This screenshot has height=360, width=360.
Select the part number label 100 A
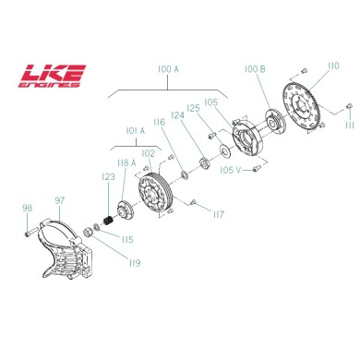[167, 68]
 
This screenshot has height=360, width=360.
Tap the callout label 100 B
[255, 69]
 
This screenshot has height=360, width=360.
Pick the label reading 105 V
[231, 169]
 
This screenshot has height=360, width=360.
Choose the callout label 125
[193, 109]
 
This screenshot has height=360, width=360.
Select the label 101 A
[123, 130]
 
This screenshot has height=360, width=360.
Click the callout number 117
[218, 214]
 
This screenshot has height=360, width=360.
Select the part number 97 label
[59, 199]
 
